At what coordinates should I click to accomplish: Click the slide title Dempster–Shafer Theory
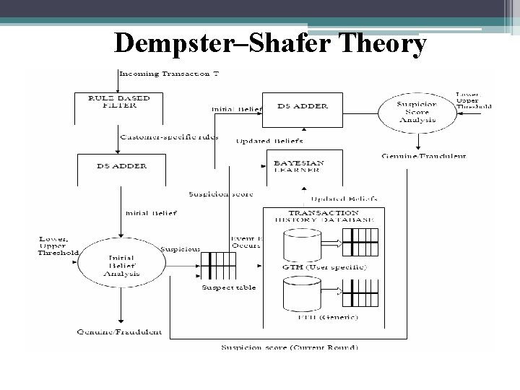click(x=270, y=45)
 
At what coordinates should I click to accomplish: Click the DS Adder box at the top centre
click(x=303, y=106)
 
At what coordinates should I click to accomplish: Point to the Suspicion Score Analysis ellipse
click(x=417, y=112)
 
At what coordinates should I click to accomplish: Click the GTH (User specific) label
click(x=326, y=267)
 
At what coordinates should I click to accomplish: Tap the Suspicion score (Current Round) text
click(x=289, y=347)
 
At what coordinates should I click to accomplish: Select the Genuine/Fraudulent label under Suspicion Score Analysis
click(x=423, y=155)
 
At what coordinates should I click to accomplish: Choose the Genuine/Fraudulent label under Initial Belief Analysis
click(x=119, y=332)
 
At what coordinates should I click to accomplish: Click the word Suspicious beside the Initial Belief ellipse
click(x=181, y=249)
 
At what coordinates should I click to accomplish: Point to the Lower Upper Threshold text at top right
click(x=474, y=100)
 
